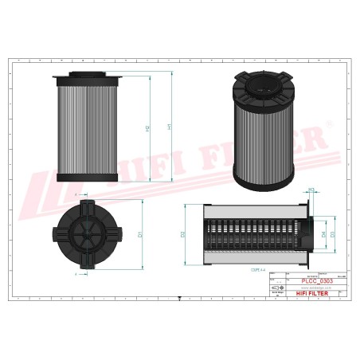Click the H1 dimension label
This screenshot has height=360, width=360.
168,127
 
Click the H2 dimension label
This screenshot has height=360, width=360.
149,127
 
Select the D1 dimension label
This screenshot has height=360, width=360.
140,234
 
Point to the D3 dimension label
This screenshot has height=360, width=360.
333,235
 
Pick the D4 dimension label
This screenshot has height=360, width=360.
323,235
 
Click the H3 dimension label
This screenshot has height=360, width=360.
311,189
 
